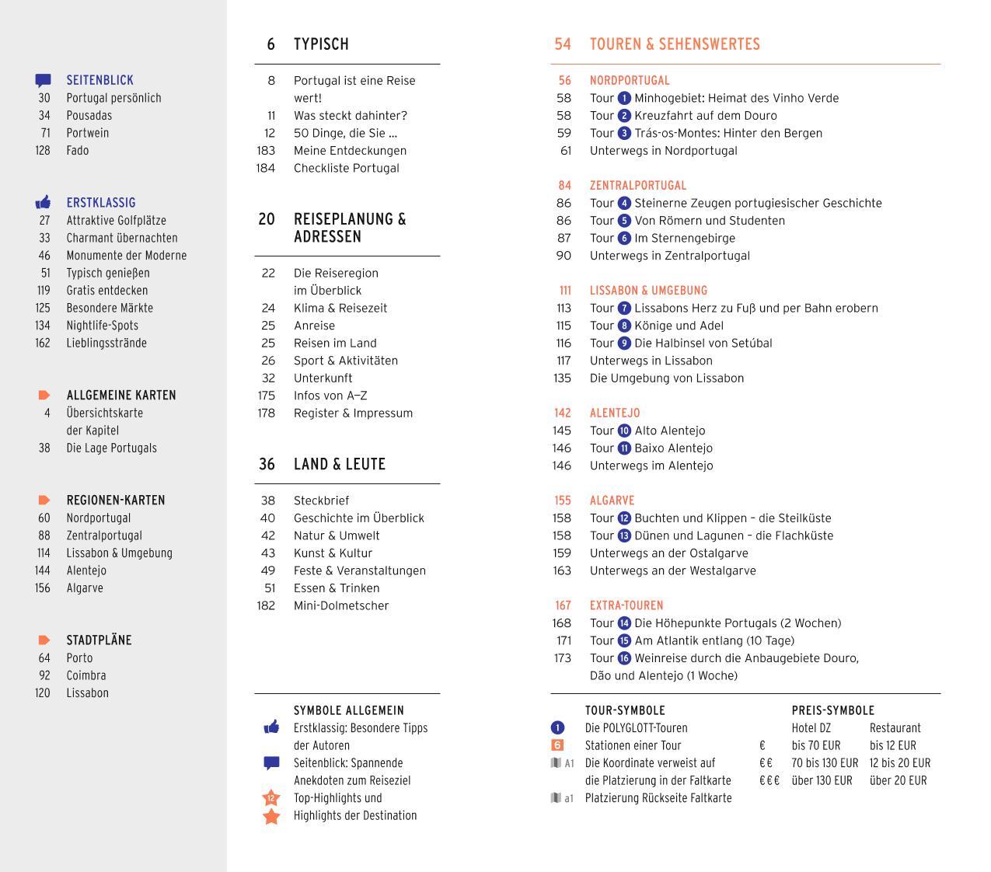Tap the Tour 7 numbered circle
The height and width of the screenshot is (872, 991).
pyautogui.click(x=624, y=309)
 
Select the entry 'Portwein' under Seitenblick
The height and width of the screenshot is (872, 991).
pyautogui.click(x=88, y=133)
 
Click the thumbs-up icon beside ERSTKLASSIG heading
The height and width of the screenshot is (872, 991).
pyautogui.click(x=44, y=203)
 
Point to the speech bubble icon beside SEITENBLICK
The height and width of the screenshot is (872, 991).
pyautogui.click(x=44, y=80)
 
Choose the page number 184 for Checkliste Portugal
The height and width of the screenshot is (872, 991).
pyautogui.click(x=265, y=168)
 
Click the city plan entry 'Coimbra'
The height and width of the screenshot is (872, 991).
pyautogui.click(x=86, y=675)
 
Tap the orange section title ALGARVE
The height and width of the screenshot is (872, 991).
pyautogui.click(x=612, y=501)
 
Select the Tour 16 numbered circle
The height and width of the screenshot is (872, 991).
pyautogui.click(x=624, y=658)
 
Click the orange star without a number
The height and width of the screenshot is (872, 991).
pyautogui.click(x=271, y=816)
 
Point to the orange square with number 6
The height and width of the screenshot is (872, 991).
pyautogui.click(x=557, y=745)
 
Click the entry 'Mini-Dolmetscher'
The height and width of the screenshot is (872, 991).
pyautogui.click(x=341, y=605)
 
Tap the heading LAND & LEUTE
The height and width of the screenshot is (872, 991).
pyautogui.click(x=340, y=464)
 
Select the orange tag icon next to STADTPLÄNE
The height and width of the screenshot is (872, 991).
pyautogui.click(x=44, y=640)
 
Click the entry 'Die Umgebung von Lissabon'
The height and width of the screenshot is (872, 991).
pyautogui.click(x=667, y=378)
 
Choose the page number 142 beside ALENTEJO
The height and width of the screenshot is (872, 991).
pyautogui.click(x=563, y=413)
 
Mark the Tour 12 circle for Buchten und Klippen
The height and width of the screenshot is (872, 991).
pyautogui.click(x=624, y=518)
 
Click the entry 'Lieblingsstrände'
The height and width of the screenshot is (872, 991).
pyautogui.click(x=106, y=343)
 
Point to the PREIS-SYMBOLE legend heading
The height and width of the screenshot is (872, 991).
pyautogui.click(x=832, y=710)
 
